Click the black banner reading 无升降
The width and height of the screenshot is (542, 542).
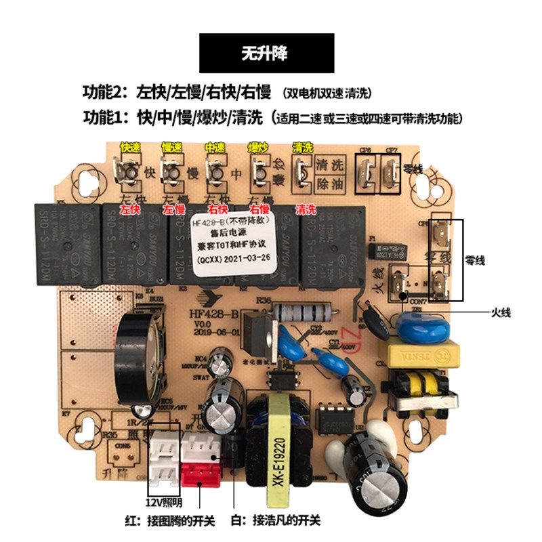(266, 54)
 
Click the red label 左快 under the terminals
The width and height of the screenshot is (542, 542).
(129, 210)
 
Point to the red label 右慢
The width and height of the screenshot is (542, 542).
(258, 210)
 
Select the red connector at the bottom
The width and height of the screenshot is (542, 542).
(199, 472)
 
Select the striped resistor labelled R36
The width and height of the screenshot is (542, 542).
(304, 313)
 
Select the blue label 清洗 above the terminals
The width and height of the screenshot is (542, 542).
(303, 147)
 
